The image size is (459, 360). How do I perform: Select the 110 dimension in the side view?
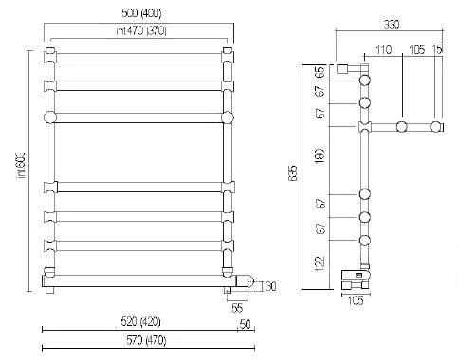[x=383, y=49]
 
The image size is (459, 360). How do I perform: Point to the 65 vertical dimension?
[x=320, y=72]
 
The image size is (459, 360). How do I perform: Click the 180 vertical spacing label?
[x=320, y=158]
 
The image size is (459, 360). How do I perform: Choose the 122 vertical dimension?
[x=320, y=261]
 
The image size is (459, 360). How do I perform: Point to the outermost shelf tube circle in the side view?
[x=436, y=126]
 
